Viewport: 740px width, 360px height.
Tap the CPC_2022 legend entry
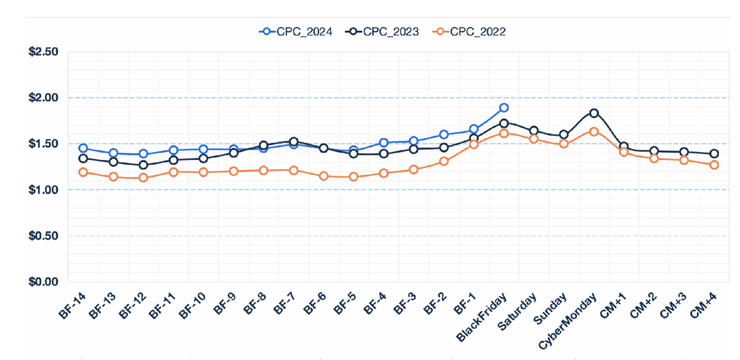click(x=476, y=32)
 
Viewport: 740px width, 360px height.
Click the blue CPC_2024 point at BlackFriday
click(x=504, y=108)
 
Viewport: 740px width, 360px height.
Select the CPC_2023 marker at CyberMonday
click(x=593, y=113)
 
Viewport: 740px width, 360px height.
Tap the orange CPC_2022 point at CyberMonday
click(x=593, y=131)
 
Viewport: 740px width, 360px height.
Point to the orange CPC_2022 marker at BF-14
click(x=83, y=172)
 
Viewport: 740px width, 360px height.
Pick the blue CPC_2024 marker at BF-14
click(x=83, y=148)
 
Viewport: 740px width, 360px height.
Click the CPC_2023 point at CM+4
click(x=714, y=154)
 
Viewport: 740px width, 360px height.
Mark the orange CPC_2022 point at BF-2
click(x=443, y=161)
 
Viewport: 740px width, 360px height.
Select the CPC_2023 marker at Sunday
click(x=564, y=134)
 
